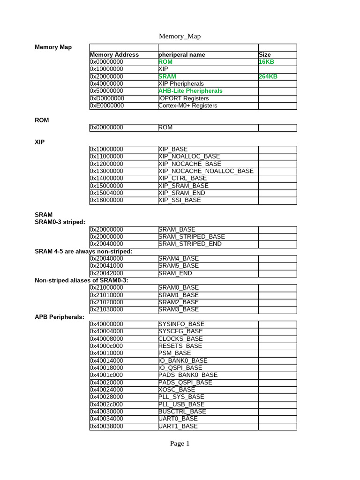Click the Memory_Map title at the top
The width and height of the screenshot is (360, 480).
click(180, 36)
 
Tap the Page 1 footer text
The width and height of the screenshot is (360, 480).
click(180, 443)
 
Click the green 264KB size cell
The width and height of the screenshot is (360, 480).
click(268, 76)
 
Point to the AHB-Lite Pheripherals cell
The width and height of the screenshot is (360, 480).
click(190, 91)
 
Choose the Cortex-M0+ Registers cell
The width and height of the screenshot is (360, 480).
click(188, 105)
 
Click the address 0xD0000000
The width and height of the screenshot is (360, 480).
click(107, 98)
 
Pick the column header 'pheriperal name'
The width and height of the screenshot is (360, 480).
click(182, 55)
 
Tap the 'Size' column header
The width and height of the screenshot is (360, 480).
click(265, 55)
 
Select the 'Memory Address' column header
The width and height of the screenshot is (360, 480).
click(114, 55)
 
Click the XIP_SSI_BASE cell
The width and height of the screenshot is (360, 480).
click(180, 200)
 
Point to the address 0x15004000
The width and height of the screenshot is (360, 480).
click(107, 193)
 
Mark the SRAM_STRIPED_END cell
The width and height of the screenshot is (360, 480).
click(190, 244)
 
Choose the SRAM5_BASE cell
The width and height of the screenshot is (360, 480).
click(179, 266)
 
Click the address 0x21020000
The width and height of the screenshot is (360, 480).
click(107, 302)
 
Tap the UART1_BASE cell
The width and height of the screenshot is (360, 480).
click(178, 426)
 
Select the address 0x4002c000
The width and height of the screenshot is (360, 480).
click(107, 404)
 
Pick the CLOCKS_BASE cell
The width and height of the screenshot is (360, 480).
click(180, 338)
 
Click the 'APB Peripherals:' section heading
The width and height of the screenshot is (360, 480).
click(60, 317)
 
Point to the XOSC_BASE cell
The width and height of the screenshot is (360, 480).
click(177, 390)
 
